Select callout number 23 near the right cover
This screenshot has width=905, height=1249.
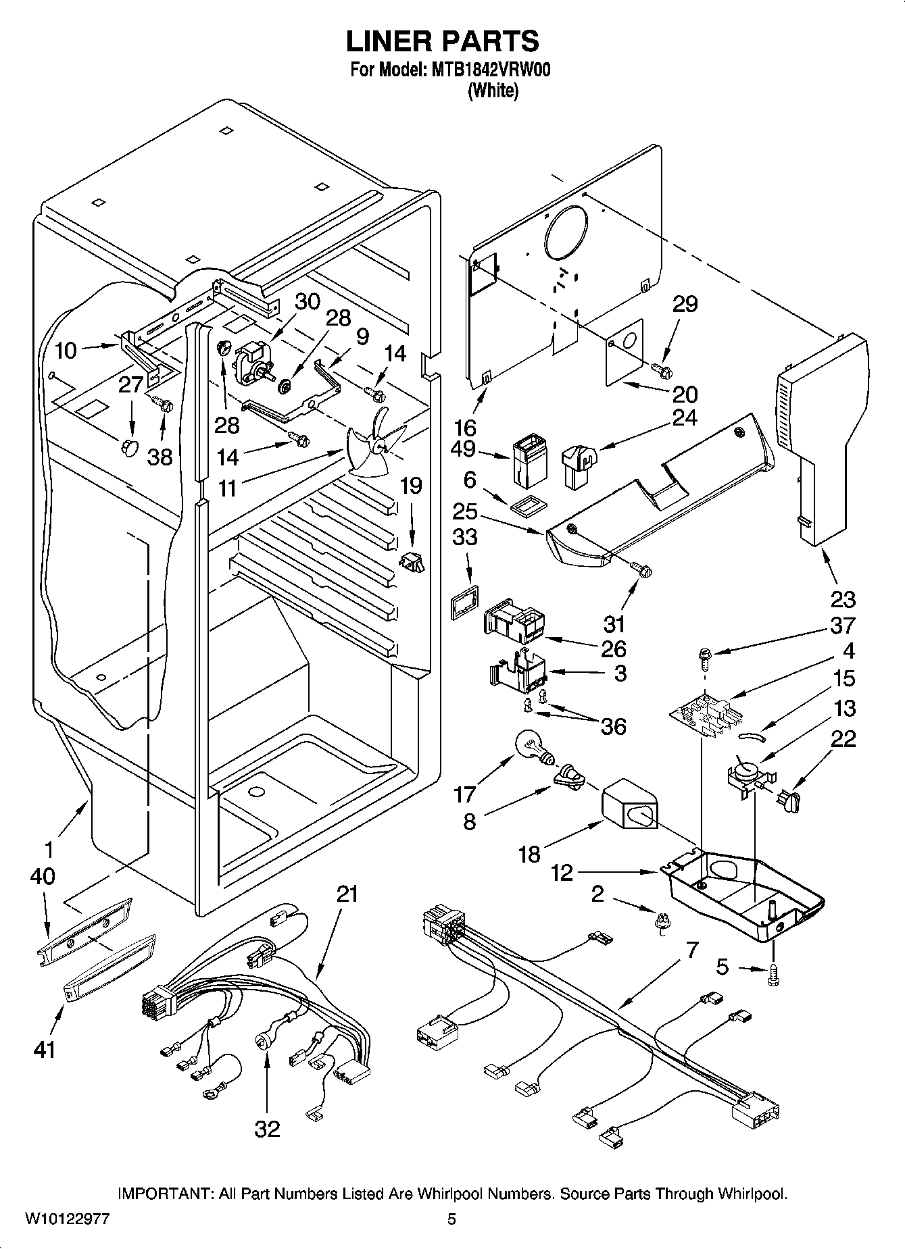click(x=842, y=599)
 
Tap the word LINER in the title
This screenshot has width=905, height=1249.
click(x=389, y=41)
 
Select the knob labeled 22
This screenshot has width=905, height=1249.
click(x=788, y=802)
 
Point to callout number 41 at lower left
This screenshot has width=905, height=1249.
click(x=44, y=1049)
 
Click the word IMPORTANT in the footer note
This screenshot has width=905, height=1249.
click(x=166, y=1194)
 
